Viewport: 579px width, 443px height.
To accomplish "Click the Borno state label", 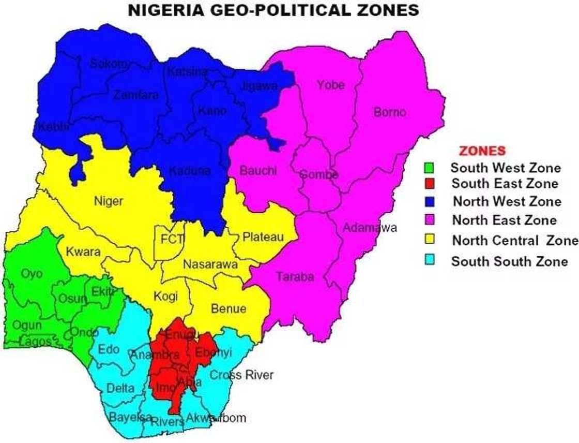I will click(390, 112).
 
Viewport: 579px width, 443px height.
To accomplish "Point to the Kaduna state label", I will click(190, 170).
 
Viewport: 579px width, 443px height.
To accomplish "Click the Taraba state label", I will click(295, 277).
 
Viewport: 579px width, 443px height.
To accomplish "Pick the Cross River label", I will click(241, 375).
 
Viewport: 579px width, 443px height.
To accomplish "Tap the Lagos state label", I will click(36, 342).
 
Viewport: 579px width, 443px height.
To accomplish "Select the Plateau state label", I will click(263, 237).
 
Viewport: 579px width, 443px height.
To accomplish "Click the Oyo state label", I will click(32, 273).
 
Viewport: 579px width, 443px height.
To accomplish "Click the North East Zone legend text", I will click(504, 220).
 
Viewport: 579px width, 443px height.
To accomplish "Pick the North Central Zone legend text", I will click(515, 241).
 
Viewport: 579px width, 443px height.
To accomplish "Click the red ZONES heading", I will click(483, 151).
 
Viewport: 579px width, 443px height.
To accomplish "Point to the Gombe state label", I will click(319, 174).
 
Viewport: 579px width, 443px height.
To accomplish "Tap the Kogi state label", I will click(165, 297).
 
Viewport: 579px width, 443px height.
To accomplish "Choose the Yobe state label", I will click(330, 85).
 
